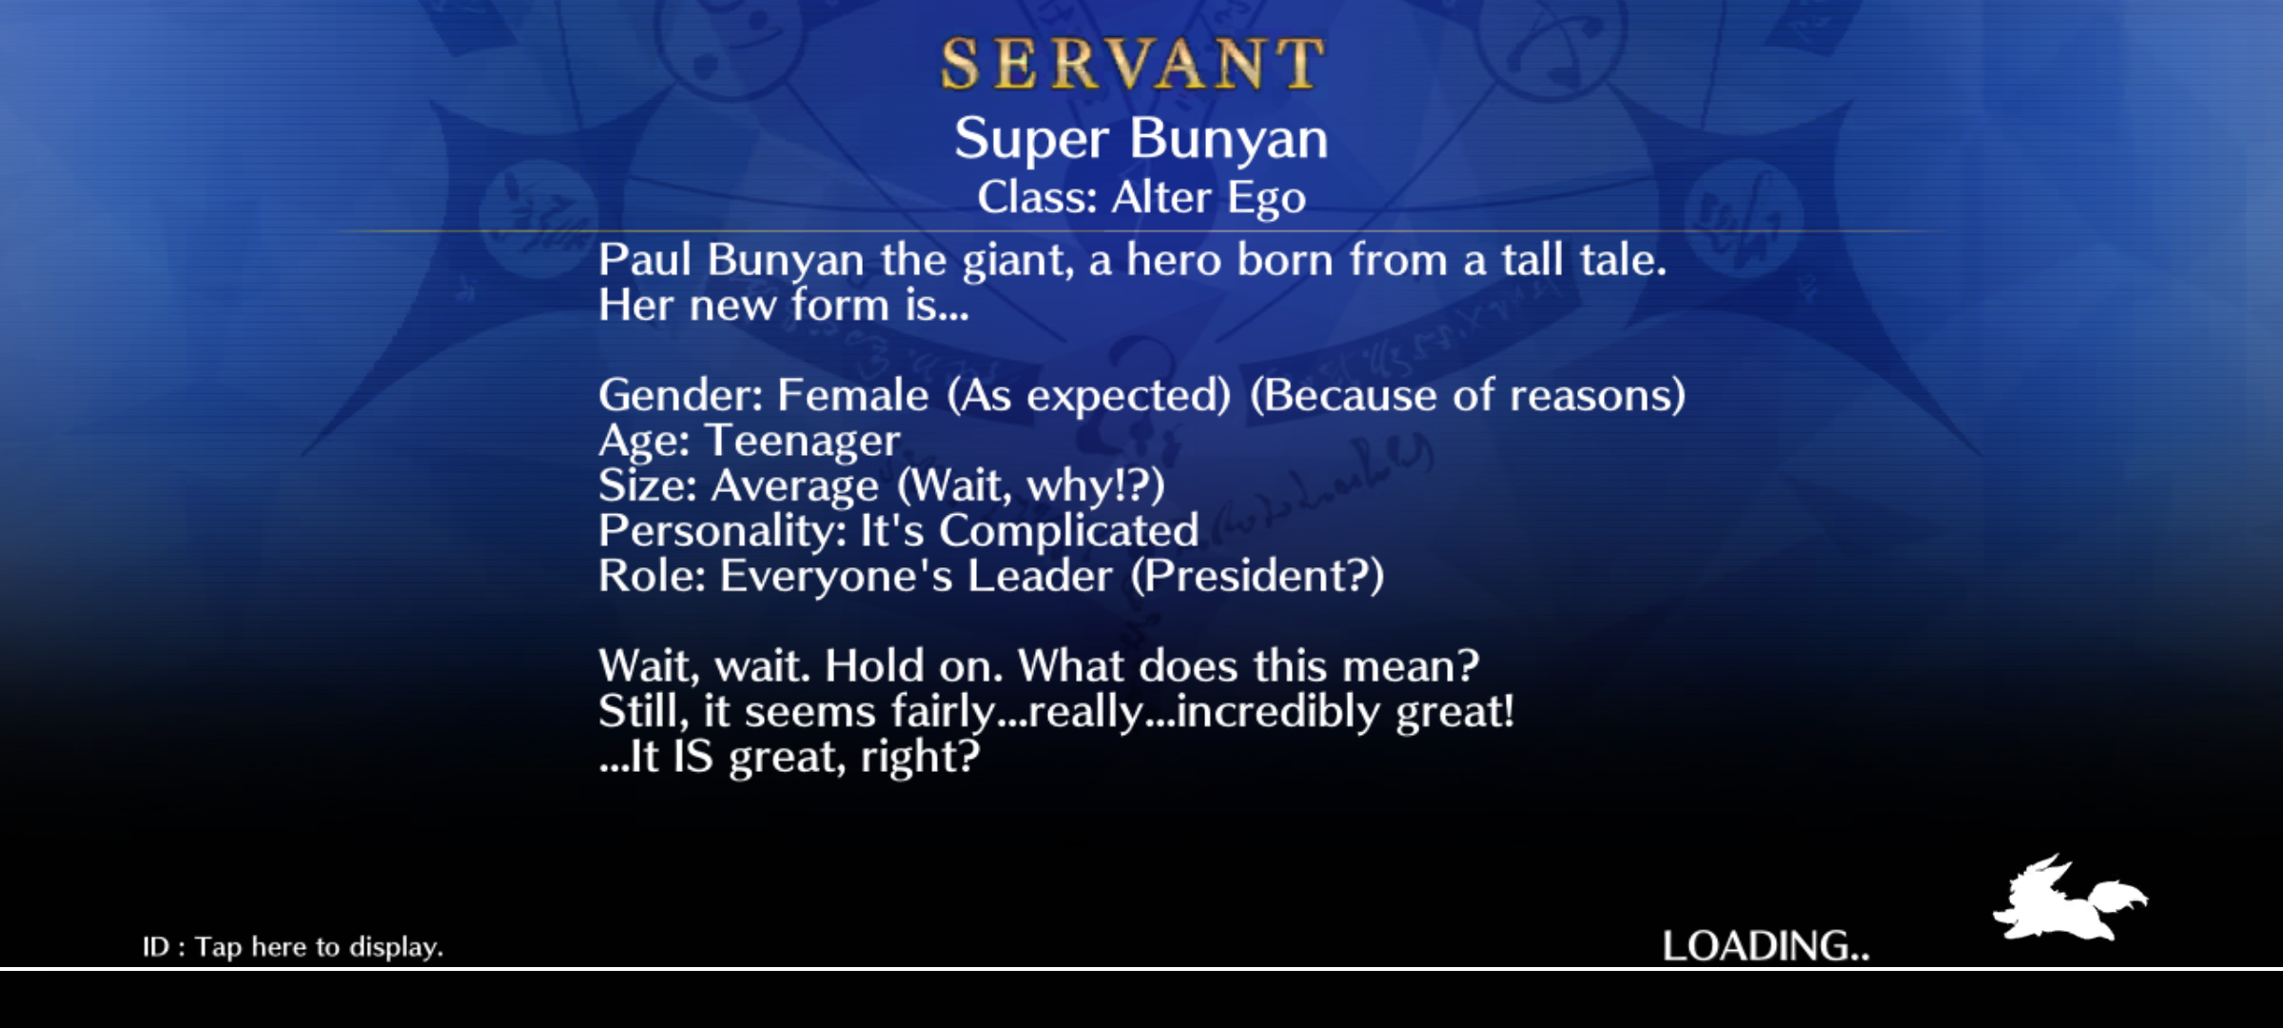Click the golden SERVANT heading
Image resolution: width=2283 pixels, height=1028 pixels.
(x=1132, y=65)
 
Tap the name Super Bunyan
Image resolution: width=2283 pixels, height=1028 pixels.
(x=1141, y=139)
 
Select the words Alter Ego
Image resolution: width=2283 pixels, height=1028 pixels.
(x=1208, y=198)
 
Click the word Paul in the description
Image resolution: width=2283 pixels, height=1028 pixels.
(x=645, y=259)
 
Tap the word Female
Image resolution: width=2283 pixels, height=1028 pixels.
(x=852, y=394)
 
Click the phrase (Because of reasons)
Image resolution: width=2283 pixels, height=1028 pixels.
(x=1467, y=395)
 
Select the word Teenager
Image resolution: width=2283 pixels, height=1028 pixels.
(x=802, y=441)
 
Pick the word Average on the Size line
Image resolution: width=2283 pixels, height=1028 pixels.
(x=794, y=485)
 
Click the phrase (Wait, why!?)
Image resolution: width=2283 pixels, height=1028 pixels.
(x=1031, y=485)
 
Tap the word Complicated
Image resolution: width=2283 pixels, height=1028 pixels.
(x=1068, y=531)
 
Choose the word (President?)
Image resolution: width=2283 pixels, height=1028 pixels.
(x=1258, y=576)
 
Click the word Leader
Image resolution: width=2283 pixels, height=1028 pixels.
(x=1040, y=576)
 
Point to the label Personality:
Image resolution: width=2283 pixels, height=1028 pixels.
(x=723, y=531)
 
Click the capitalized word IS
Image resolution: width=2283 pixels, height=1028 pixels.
(x=693, y=757)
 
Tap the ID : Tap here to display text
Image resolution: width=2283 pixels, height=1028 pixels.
(x=293, y=947)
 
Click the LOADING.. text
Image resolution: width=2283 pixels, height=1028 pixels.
(x=1766, y=946)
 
